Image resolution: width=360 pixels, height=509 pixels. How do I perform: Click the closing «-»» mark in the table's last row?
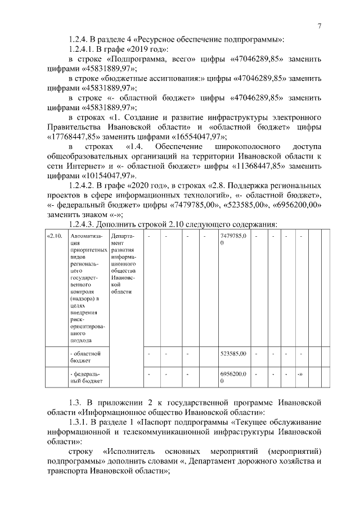point(301,373)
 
